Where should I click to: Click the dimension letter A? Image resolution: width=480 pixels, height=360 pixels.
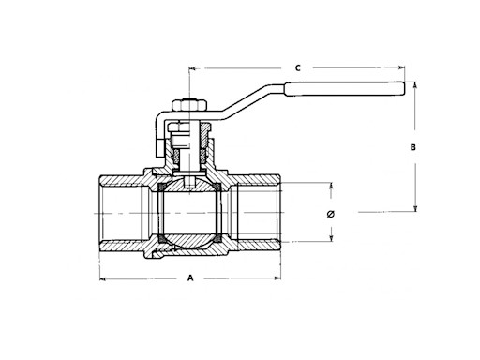point(190,278)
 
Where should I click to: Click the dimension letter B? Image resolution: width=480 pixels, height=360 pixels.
point(413,147)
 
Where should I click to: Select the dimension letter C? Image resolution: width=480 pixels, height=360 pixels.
point(297,67)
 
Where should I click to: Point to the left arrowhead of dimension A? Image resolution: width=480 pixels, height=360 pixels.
point(104,279)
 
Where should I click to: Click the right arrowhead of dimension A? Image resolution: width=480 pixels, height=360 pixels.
point(277,279)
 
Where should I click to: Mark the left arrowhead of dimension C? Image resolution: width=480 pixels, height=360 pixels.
point(193,68)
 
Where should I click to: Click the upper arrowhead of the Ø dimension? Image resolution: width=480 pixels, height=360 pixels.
point(330,187)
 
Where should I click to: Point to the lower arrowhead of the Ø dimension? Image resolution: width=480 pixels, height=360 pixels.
point(330,237)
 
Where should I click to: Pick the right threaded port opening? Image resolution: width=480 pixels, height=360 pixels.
point(263,213)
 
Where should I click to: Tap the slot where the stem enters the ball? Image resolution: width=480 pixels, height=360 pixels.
point(190,182)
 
